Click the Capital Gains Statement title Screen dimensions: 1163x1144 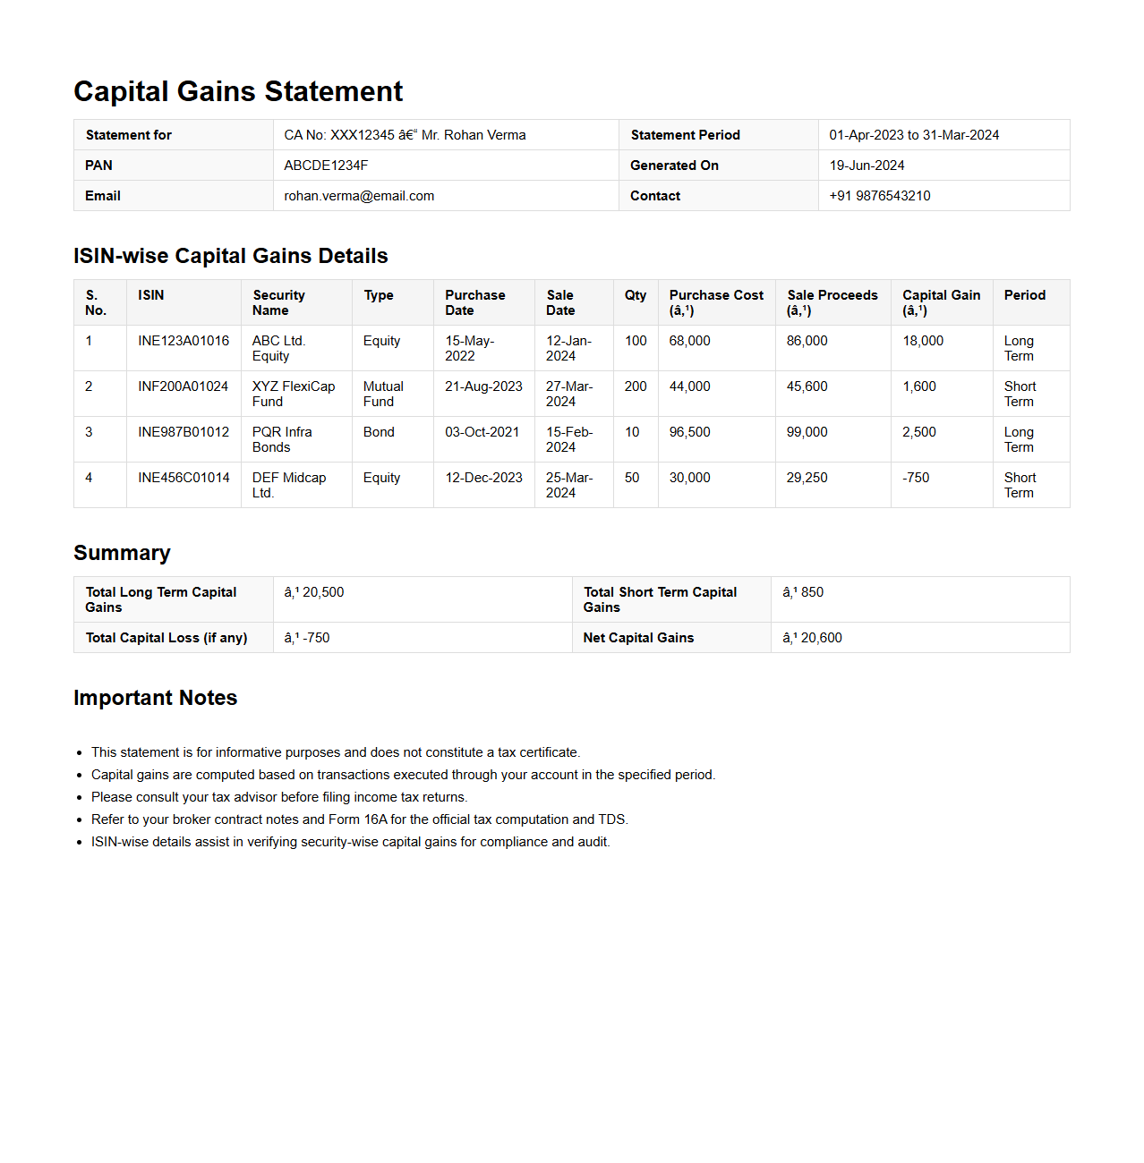[238, 91]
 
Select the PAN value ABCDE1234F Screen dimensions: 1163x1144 [326, 166]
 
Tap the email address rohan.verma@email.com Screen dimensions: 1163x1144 [359, 196]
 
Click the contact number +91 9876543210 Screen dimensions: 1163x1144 [879, 196]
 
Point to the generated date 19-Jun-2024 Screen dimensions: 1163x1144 [867, 166]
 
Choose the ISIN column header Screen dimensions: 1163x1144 [151, 295]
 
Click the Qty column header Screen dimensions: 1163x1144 [636, 295]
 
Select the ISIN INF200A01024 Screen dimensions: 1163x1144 [183, 386]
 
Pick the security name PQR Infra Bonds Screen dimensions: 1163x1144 [282, 439]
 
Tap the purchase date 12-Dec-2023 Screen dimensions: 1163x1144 [483, 478]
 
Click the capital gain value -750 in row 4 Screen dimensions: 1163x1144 [916, 478]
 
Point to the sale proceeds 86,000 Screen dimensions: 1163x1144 [807, 341]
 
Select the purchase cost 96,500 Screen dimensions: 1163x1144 [689, 432]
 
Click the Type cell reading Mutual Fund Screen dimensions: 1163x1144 [383, 394]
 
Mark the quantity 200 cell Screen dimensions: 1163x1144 [636, 386]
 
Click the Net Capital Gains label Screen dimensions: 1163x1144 [638, 638]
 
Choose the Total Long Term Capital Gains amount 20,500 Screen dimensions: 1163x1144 [314, 592]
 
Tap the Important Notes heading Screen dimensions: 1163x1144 [155, 698]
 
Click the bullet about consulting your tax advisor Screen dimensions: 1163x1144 [279, 797]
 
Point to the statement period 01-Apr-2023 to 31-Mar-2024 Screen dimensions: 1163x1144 [914, 135]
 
